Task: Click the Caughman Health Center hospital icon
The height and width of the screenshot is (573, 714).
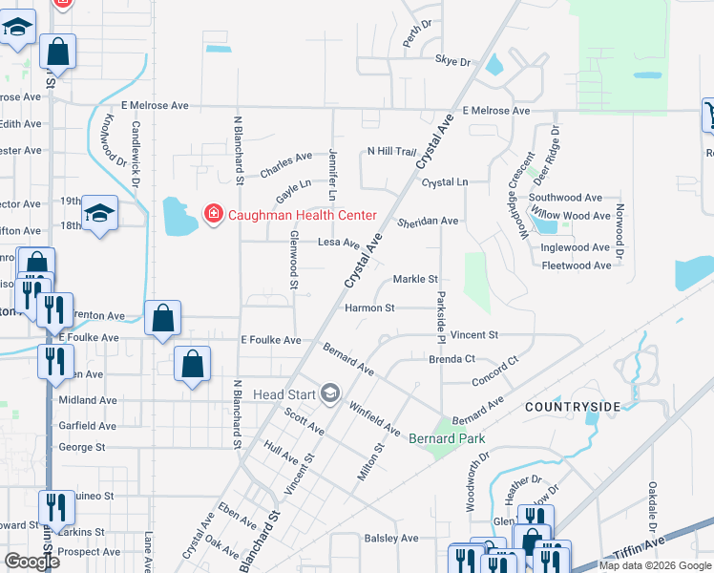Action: pyautogui.click(x=214, y=215)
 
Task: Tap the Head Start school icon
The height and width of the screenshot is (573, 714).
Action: pyautogui.click(x=331, y=393)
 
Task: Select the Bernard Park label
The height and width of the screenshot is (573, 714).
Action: pyautogui.click(x=447, y=438)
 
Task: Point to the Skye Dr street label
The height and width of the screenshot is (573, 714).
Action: pyautogui.click(x=453, y=61)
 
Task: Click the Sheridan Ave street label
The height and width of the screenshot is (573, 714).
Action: pyautogui.click(x=429, y=221)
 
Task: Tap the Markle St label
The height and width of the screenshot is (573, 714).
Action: pyautogui.click(x=415, y=279)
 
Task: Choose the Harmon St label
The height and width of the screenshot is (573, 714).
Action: pyautogui.click(x=370, y=308)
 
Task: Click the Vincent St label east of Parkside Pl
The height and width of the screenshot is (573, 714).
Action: pyautogui.click(x=474, y=335)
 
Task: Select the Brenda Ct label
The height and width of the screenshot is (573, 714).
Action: pyautogui.click(x=452, y=359)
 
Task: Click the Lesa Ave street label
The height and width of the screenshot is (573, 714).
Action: pyautogui.click(x=339, y=244)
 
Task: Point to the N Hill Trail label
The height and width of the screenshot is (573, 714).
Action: pyautogui.click(x=392, y=152)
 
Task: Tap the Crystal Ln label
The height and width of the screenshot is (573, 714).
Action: pyautogui.click(x=445, y=181)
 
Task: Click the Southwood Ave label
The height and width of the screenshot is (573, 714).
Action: pyautogui.click(x=565, y=198)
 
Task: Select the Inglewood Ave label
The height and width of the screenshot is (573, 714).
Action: pyautogui.click(x=575, y=247)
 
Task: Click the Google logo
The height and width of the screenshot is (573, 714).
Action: pyautogui.click(x=31, y=562)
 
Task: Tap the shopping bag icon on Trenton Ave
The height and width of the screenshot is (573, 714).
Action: pyautogui.click(x=162, y=319)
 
